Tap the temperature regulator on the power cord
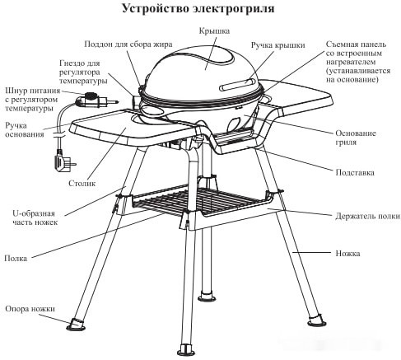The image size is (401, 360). (88, 102)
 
